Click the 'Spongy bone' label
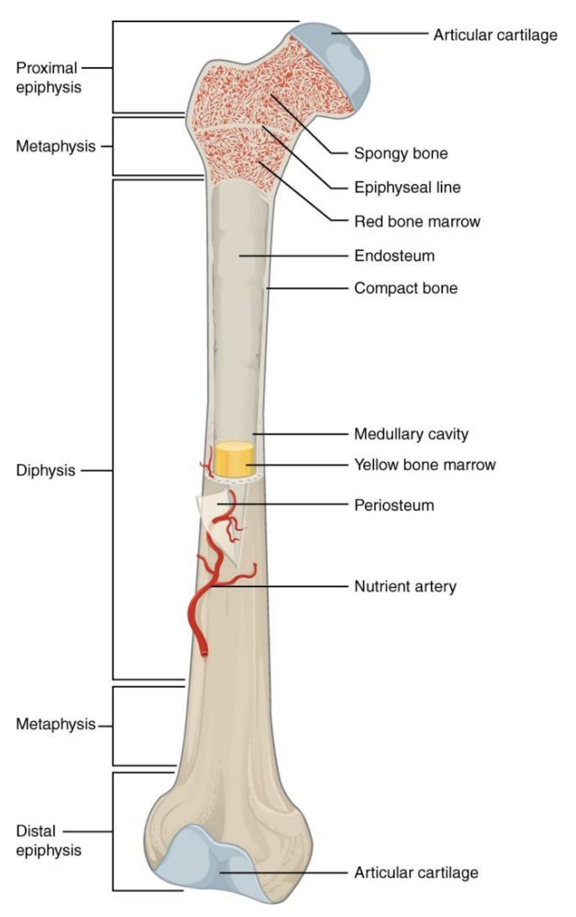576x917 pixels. pyautogui.click(x=401, y=153)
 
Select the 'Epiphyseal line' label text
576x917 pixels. pyautogui.click(x=407, y=187)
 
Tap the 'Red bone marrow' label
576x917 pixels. pyautogui.click(x=417, y=221)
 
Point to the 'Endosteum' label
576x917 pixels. pyautogui.click(x=394, y=256)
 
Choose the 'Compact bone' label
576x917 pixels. pyautogui.click(x=406, y=288)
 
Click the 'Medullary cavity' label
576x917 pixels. pyautogui.click(x=411, y=434)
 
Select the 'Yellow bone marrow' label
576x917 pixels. pyautogui.click(x=425, y=464)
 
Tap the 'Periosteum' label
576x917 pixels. pyautogui.click(x=394, y=505)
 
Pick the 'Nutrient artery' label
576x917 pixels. pyautogui.click(x=405, y=586)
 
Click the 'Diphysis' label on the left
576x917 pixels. pyautogui.click(x=45, y=471)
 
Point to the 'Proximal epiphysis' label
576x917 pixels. pyautogui.click(x=49, y=77)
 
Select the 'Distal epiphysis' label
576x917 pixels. pyautogui.click(x=49, y=841)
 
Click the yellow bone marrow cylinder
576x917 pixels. pyautogui.click(x=234, y=459)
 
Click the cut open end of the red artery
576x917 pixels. pyautogui.click(x=204, y=654)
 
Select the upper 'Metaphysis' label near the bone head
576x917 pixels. pyautogui.click(x=56, y=146)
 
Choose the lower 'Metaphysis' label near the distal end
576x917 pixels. pyautogui.click(x=56, y=724)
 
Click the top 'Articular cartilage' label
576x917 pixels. pyautogui.click(x=496, y=35)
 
